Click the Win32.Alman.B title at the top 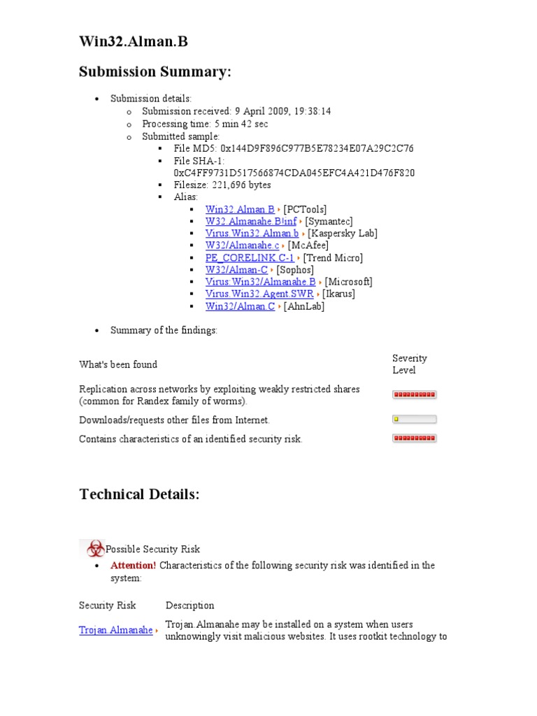(133, 43)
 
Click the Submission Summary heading (155, 72)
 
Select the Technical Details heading (139, 494)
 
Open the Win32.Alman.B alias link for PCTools (240, 209)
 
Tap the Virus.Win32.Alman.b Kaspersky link (252, 234)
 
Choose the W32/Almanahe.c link (242, 245)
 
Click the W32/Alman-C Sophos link (236, 270)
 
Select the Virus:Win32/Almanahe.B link (260, 282)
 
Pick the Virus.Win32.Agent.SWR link (259, 294)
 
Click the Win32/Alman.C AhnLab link (240, 306)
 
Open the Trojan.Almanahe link (115, 630)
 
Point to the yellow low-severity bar (414, 420)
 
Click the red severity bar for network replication (414, 394)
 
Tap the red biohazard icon (92, 549)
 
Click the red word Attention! (133, 565)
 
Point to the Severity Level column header (409, 364)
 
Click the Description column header (189, 605)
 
